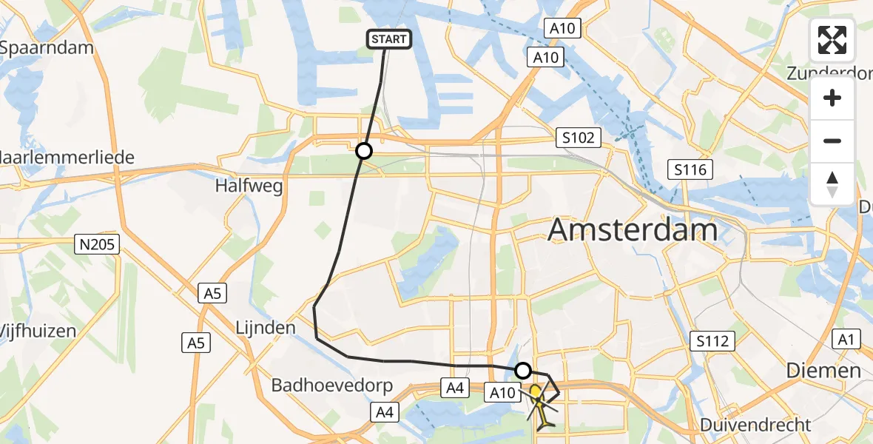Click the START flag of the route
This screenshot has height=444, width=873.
pyautogui.click(x=388, y=38)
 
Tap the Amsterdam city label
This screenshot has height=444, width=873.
pyautogui.click(x=633, y=231)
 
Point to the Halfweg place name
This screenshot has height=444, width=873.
pyautogui.click(x=249, y=186)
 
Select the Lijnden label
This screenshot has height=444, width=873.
pyautogui.click(x=266, y=327)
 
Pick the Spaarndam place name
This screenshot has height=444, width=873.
pyautogui.click(x=46, y=48)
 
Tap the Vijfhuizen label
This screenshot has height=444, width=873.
pyautogui.click(x=37, y=331)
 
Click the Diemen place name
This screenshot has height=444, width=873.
pyautogui.click(x=823, y=370)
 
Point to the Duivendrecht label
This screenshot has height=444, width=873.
pyautogui.click(x=755, y=425)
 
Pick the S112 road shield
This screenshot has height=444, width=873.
pyautogui.click(x=712, y=341)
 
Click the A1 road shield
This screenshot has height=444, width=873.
pyautogui.click(x=846, y=340)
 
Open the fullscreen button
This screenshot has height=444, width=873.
pyautogui.click(x=832, y=40)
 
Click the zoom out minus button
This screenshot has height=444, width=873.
pyautogui.click(x=832, y=141)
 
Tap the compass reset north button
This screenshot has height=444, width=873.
pyautogui.click(x=832, y=184)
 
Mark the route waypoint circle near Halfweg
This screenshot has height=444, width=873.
pyautogui.click(x=363, y=152)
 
